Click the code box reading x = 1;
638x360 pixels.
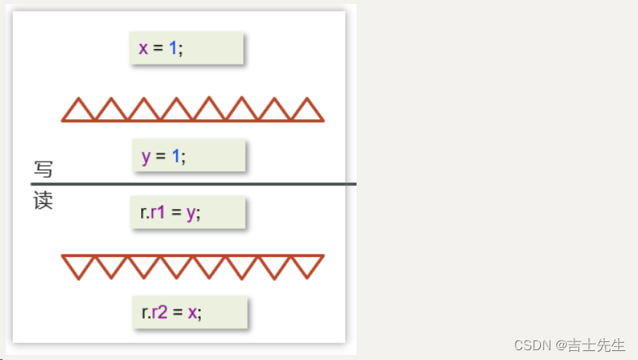point(187,47)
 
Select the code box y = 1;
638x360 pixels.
point(188,155)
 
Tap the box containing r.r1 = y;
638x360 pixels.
point(188,212)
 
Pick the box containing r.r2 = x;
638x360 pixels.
point(189,312)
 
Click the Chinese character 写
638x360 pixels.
point(43,170)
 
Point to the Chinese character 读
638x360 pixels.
point(43,201)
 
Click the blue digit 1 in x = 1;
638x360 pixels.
point(173,48)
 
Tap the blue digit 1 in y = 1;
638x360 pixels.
point(175,156)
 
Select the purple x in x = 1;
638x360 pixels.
point(144,48)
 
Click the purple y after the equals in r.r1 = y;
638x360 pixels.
point(191,213)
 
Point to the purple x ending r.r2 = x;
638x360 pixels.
point(193,313)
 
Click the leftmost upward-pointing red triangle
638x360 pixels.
point(78,111)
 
